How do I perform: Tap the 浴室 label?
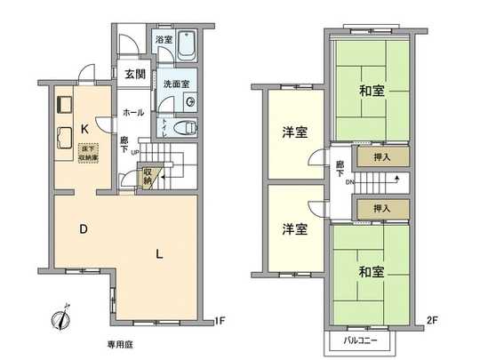pos(163,40)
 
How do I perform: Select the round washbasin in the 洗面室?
pos(191,100)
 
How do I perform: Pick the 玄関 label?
pos(135,72)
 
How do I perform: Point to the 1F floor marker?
pos(220,319)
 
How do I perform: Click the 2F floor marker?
pos(434,319)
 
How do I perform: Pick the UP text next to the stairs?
pos(134,151)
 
